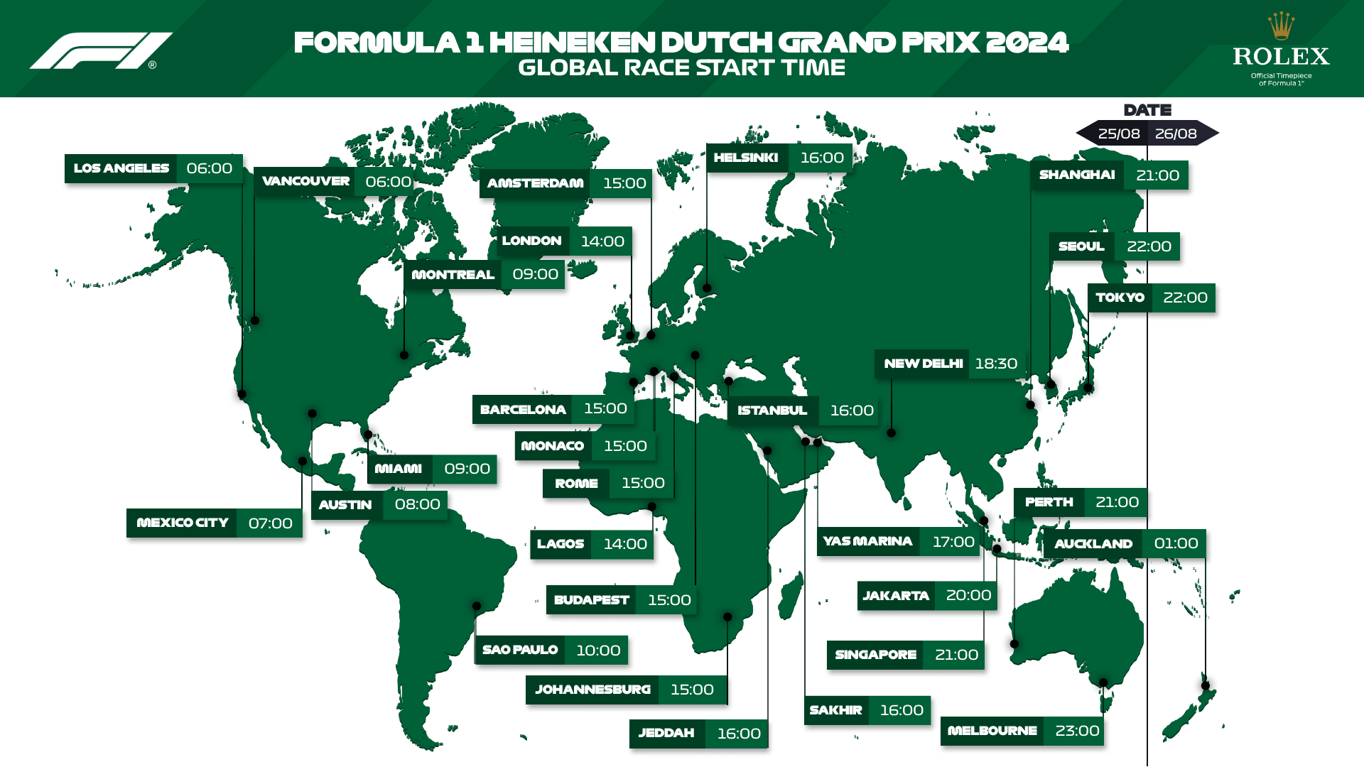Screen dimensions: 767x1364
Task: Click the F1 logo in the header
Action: tap(101, 50)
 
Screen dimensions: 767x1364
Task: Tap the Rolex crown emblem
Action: tap(1281, 26)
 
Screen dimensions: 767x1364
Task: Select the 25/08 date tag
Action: tap(1118, 134)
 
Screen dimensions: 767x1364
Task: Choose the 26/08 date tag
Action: tap(1176, 134)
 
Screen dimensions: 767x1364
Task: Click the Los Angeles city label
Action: tap(121, 168)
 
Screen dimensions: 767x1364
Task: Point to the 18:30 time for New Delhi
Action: tap(996, 364)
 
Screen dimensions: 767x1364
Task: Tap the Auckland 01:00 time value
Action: tap(1176, 543)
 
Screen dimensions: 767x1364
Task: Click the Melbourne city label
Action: tap(992, 731)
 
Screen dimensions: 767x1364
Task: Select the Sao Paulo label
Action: tap(520, 650)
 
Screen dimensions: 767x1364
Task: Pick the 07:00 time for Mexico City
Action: tap(270, 523)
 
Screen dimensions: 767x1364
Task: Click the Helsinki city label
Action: tap(746, 158)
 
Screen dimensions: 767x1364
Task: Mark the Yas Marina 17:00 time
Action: tap(953, 542)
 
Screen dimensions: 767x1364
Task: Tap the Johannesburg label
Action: tap(592, 690)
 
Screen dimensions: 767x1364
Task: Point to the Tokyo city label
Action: tap(1120, 298)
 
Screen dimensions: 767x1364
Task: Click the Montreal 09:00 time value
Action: tap(535, 274)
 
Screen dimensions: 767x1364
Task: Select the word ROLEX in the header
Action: tap(1281, 56)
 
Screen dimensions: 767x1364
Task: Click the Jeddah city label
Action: tap(666, 733)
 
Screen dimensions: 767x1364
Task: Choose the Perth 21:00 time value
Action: tap(1117, 502)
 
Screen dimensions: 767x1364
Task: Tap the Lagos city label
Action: tap(561, 544)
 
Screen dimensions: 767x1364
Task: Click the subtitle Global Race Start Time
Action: tap(681, 67)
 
